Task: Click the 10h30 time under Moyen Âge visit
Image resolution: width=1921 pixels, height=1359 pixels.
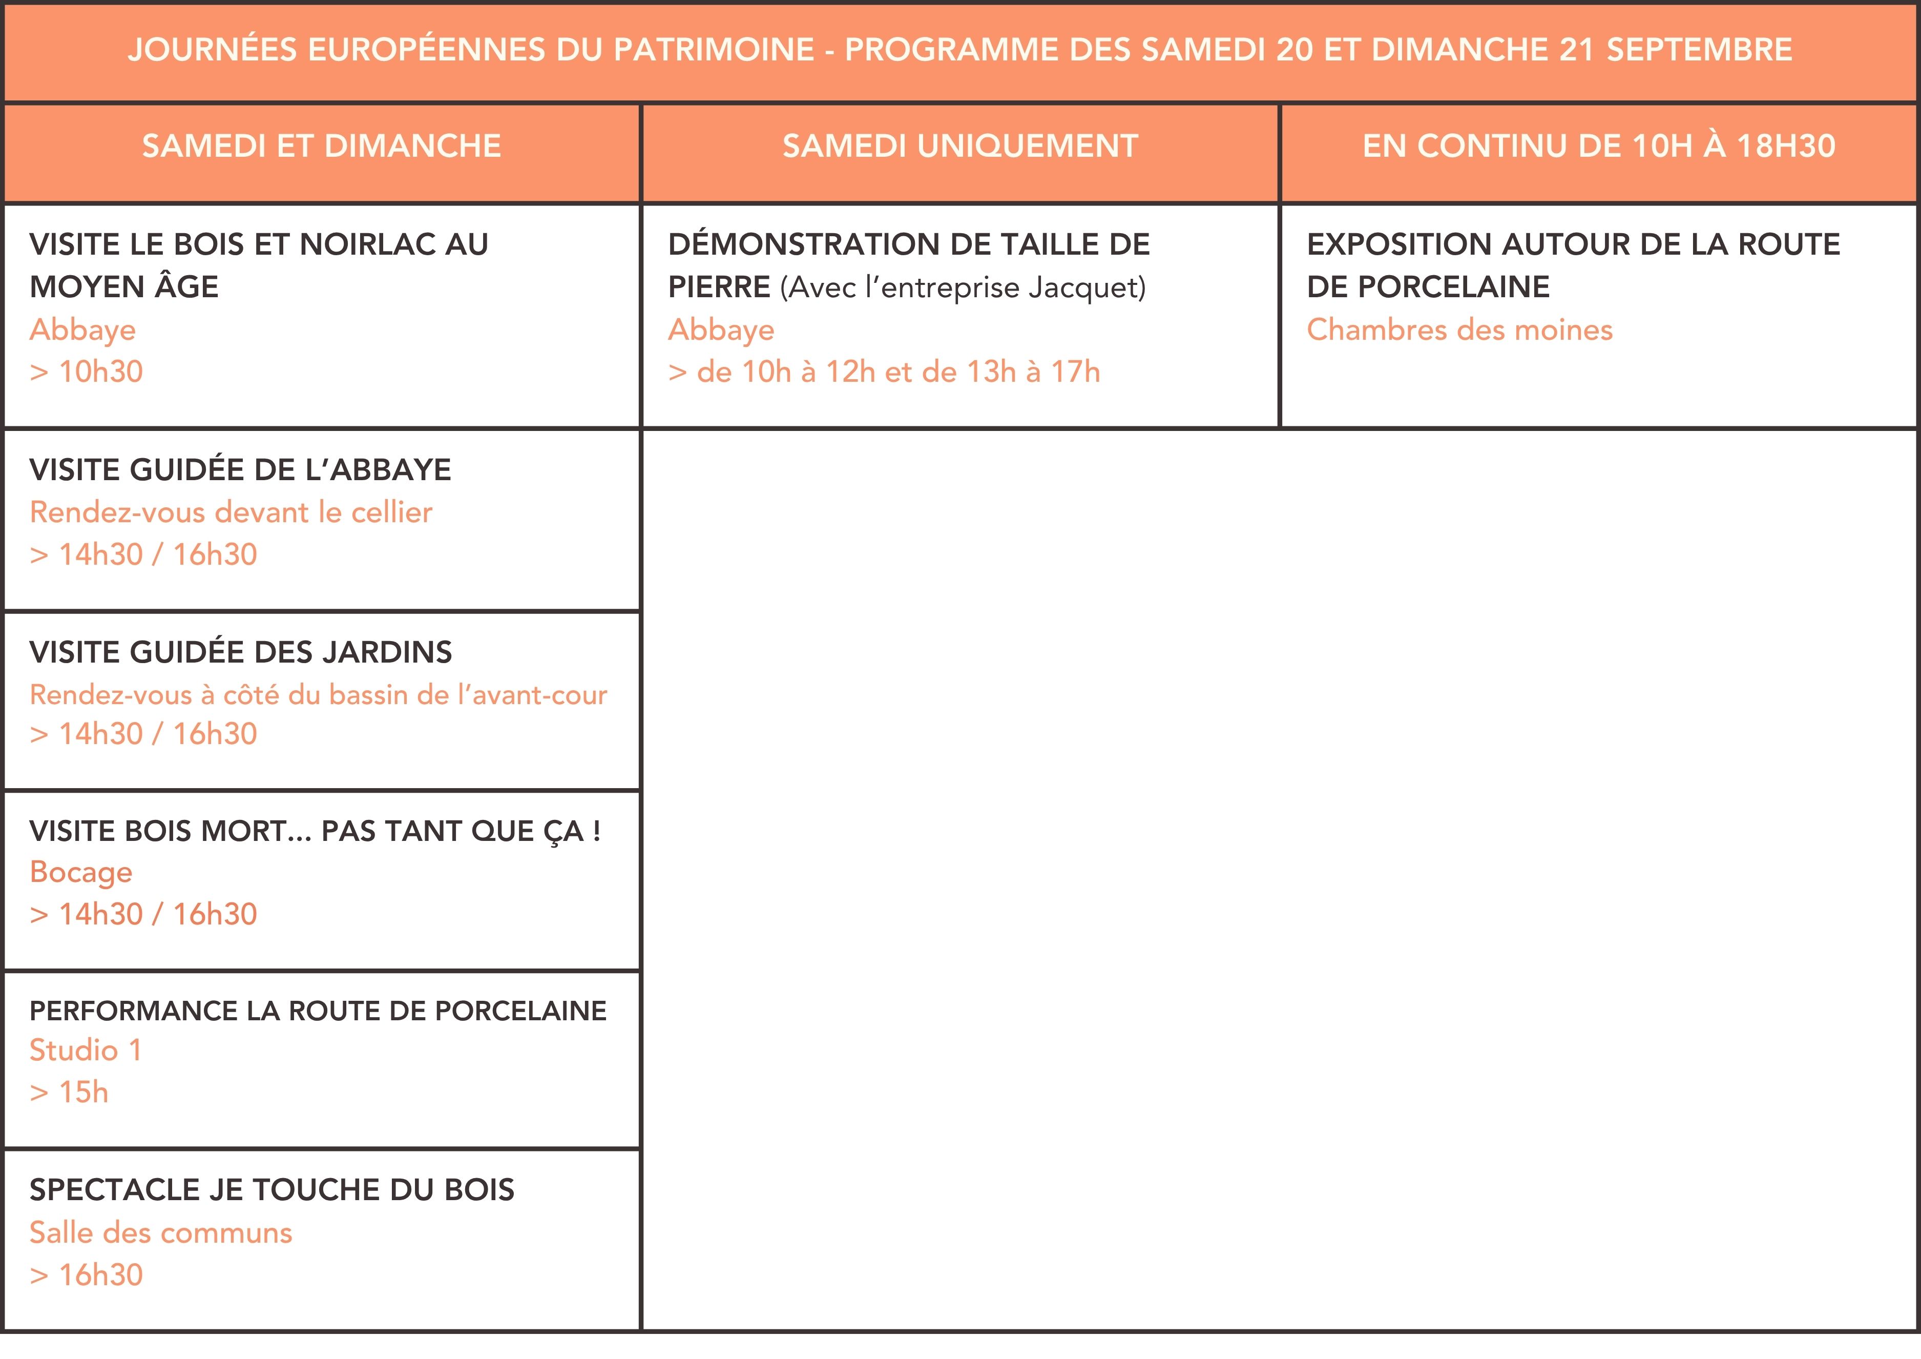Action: [x=100, y=372]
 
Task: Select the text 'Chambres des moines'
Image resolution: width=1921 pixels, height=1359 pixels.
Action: [x=1459, y=330]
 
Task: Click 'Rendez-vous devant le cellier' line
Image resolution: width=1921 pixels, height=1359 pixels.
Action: [x=231, y=512]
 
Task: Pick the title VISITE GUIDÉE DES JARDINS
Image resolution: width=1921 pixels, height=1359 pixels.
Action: [x=240, y=652]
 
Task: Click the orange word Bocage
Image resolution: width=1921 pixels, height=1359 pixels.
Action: [x=81, y=872]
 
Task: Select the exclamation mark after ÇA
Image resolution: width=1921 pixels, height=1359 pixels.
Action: [x=597, y=832]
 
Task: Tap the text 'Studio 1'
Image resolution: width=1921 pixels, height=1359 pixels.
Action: [x=86, y=1050]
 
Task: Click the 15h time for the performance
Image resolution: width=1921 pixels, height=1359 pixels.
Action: [x=83, y=1092]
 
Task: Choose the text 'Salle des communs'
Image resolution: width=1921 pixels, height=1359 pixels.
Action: [x=161, y=1232]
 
